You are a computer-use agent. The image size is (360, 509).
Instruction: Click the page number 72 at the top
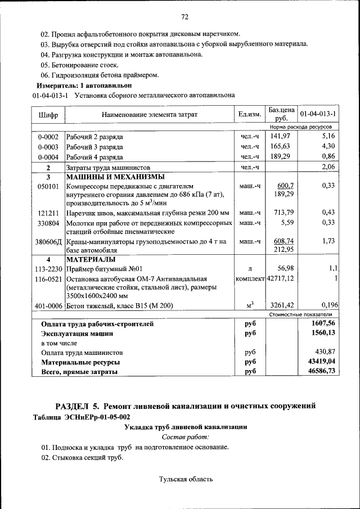tap(184, 16)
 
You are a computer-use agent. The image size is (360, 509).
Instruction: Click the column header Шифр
tap(48, 115)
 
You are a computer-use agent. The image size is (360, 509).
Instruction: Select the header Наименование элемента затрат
tap(150, 115)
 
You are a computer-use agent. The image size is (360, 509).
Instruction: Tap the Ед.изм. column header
tap(250, 115)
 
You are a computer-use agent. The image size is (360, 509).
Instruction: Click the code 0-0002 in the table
tap(48, 137)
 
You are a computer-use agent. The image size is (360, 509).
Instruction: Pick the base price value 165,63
tap(280, 146)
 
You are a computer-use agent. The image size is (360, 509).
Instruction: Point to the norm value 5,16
tap(328, 136)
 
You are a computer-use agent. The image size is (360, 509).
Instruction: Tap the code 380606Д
tap(48, 241)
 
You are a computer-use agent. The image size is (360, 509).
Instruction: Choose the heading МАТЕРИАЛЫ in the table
tap(91, 260)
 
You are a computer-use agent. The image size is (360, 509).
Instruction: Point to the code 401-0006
tap(48, 305)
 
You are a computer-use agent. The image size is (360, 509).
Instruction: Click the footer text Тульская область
tap(186, 479)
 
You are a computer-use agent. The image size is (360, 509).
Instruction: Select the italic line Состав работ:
tap(185, 437)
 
